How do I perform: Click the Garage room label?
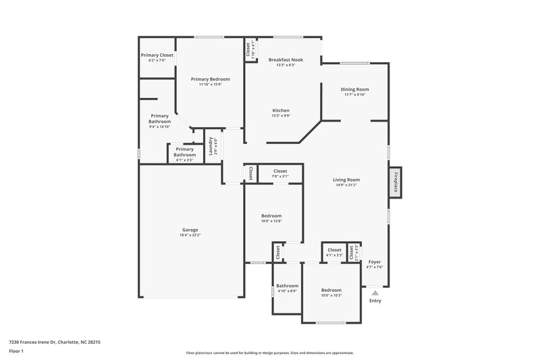(x=190, y=229)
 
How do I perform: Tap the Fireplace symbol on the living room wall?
(x=396, y=182)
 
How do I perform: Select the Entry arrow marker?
(x=375, y=292)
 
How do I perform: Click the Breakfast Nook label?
(x=285, y=59)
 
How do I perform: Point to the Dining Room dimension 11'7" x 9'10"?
(x=355, y=95)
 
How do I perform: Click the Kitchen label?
(x=281, y=110)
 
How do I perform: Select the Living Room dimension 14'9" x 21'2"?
(x=346, y=186)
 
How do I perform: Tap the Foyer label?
(x=375, y=261)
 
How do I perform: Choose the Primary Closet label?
(x=157, y=55)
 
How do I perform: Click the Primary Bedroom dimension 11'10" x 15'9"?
(x=211, y=84)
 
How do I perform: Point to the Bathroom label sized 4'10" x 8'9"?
(x=287, y=285)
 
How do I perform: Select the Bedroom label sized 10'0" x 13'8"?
(x=271, y=215)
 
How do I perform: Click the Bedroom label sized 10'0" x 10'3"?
(x=331, y=290)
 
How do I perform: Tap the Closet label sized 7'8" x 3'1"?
(x=280, y=171)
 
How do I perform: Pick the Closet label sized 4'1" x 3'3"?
(x=334, y=250)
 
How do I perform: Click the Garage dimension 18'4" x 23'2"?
(x=190, y=235)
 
